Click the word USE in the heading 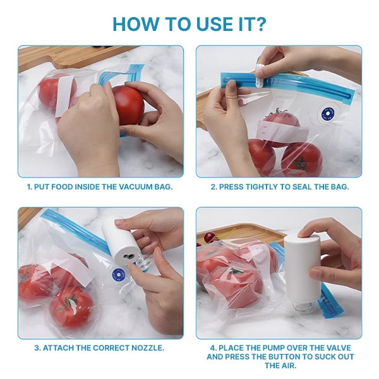pos(215,24)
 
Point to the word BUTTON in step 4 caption pos(286,357)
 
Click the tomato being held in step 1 pos(128,105)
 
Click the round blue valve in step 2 pos(327,114)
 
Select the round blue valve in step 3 pos(118,275)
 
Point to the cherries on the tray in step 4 pos(210,237)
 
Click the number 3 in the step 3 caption pos(37,348)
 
